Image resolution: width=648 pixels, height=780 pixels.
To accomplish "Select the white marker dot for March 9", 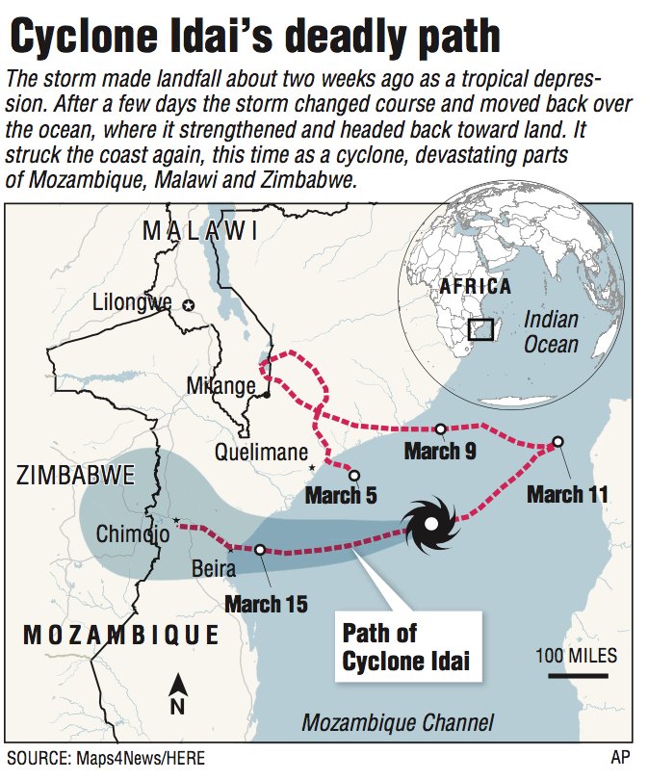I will point(440,429).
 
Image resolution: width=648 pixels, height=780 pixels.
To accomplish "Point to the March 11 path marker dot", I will point(557,441).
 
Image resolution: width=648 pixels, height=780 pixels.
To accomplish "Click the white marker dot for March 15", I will point(260,549).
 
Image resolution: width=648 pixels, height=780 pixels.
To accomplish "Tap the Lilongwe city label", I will point(131,303).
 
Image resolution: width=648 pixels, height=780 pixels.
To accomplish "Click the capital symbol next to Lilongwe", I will point(188,304).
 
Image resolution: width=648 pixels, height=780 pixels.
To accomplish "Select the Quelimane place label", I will point(261,451).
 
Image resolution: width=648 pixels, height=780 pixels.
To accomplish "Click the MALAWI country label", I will point(199,231).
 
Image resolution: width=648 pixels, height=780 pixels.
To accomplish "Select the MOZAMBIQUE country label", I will point(120,635).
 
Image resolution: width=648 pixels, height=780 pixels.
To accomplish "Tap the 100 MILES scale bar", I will point(575,675).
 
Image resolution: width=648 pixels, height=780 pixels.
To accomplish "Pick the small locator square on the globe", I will point(480,329).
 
